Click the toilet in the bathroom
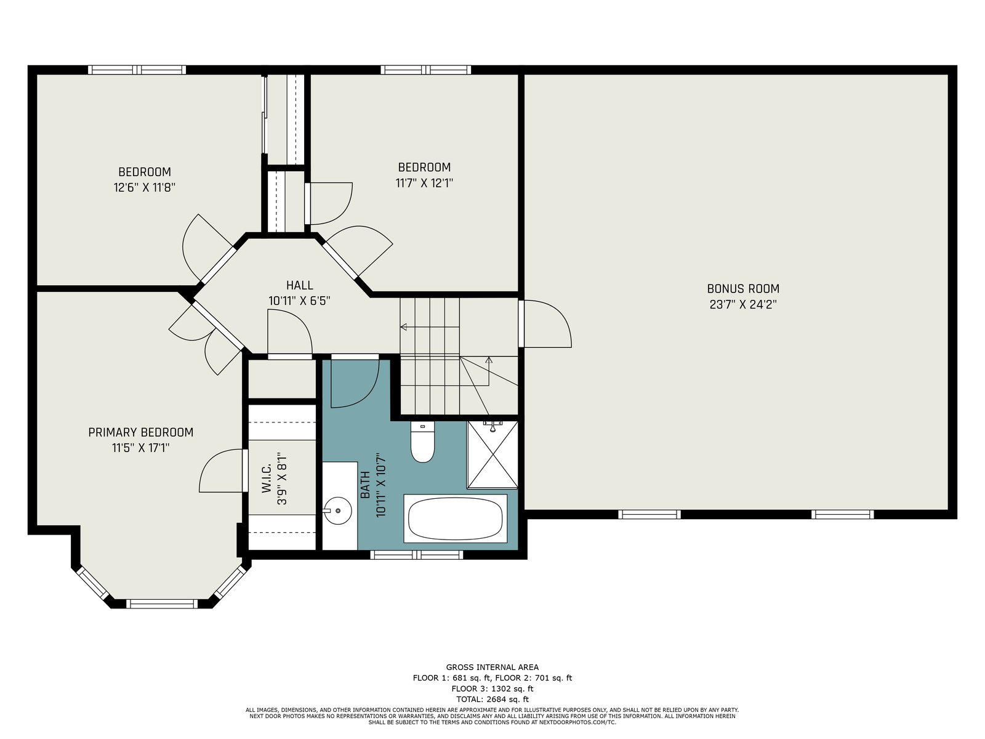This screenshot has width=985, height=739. (x=422, y=442)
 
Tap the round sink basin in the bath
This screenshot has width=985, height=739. (x=337, y=511)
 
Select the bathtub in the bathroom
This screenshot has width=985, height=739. (x=456, y=519)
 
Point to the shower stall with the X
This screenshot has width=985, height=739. (x=492, y=454)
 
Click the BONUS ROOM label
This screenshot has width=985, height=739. (x=743, y=288)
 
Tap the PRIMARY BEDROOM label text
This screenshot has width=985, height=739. (x=141, y=432)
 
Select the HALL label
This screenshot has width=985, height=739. (x=300, y=285)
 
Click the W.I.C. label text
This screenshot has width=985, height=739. (x=267, y=479)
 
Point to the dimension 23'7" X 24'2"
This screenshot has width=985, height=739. (x=743, y=304)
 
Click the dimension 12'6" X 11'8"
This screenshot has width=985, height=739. (x=145, y=187)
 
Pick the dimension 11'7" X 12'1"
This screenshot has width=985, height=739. (x=425, y=183)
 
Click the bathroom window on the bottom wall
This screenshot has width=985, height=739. (x=416, y=555)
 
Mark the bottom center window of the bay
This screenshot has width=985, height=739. (x=161, y=604)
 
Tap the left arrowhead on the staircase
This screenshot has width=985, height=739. (x=403, y=326)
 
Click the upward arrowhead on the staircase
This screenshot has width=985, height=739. (x=489, y=360)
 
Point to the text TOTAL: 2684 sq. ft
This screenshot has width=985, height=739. (x=492, y=699)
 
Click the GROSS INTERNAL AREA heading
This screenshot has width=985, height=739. (x=492, y=667)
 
